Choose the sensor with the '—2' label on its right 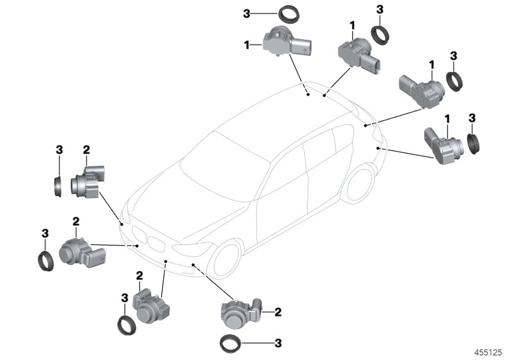(x=243, y=313)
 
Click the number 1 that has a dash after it (x=247, y=44)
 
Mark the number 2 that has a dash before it (x=278, y=312)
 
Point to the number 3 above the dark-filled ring (x=472, y=118)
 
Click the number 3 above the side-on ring (x=59, y=150)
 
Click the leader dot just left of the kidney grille (x=137, y=246)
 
